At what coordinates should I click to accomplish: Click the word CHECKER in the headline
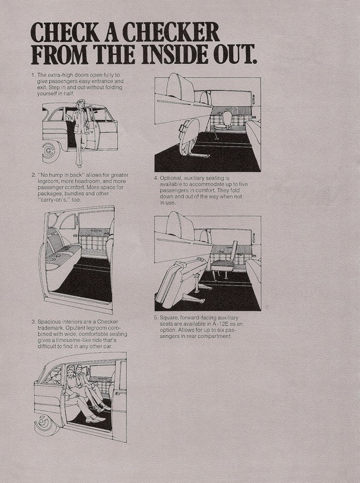click(x=171, y=32)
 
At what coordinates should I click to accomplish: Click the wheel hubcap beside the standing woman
click(x=49, y=152)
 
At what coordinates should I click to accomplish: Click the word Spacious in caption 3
click(x=49, y=322)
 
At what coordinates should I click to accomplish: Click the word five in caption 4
click(x=243, y=184)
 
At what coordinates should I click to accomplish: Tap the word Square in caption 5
click(x=169, y=318)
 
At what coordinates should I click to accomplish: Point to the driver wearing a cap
click(x=54, y=376)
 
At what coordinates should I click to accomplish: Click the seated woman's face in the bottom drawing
click(x=71, y=372)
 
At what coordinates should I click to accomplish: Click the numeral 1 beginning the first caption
click(x=33, y=75)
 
